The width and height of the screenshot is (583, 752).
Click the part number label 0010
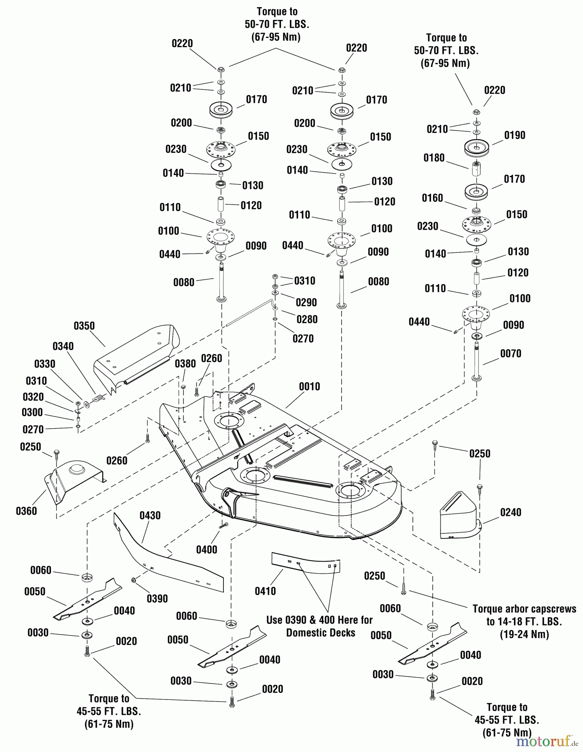(x=309, y=386)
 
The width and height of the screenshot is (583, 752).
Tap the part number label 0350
(x=84, y=326)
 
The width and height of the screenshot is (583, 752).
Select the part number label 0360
(x=26, y=511)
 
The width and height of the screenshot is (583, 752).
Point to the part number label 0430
(x=150, y=516)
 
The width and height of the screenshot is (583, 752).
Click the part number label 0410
(x=265, y=591)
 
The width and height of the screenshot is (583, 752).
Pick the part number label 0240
(x=510, y=512)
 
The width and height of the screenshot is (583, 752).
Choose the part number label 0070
(x=510, y=353)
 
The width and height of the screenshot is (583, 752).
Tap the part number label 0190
(x=515, y=135)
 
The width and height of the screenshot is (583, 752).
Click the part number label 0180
(x=434, y=158)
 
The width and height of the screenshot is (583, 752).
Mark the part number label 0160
(x=432, y=198)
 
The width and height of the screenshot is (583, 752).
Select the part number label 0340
(x=63, y=346)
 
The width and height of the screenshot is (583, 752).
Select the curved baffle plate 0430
(x=167, y=556)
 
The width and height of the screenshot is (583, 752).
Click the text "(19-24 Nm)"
(x=524, y=634)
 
